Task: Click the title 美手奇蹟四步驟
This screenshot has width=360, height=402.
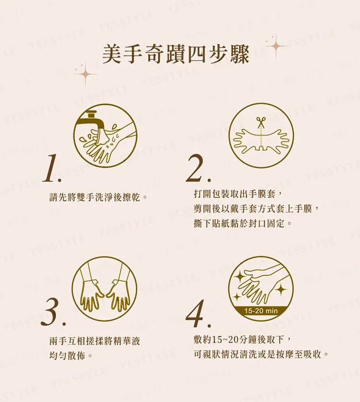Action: (176, 54)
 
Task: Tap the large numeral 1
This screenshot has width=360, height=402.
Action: (52, 169)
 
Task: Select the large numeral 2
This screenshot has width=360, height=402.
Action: (198, 168)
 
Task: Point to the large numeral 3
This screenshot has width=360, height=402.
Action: (53, 313)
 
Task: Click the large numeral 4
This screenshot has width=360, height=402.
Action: (198, 314)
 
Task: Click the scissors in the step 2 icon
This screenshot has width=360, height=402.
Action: (261, 122)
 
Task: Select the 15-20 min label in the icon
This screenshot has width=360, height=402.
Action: (261, 311)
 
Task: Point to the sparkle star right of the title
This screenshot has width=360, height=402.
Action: (276, 46)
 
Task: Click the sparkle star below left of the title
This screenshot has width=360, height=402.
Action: (85, 74)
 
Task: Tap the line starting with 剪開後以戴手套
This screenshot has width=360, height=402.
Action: (257, 209)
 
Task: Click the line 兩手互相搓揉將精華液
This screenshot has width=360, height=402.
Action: (95, 341)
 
